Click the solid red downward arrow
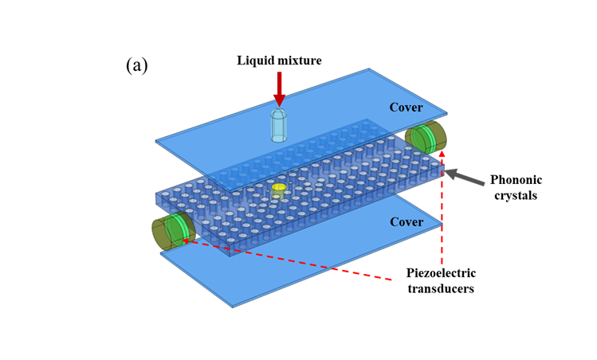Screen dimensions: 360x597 pos(279,86)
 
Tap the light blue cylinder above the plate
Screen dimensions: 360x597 pos(278,126)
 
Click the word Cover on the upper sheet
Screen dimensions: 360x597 pos(406,108)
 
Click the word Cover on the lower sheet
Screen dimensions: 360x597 pos(406,222)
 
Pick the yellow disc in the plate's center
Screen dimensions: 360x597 pos(278,188)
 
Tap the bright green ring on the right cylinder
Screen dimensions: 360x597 pos(426,139)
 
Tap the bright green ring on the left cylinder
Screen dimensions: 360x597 pos(179,229)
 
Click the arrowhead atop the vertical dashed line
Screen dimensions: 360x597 pos(442,153)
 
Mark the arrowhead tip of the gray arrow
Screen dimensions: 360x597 pos(445,170)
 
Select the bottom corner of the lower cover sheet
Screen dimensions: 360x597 pos(233,306)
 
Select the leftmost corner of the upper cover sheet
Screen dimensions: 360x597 pos(156,142)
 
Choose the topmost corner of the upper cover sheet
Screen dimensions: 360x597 pos(369,69)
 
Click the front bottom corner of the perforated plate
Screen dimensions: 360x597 pos(230,256)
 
